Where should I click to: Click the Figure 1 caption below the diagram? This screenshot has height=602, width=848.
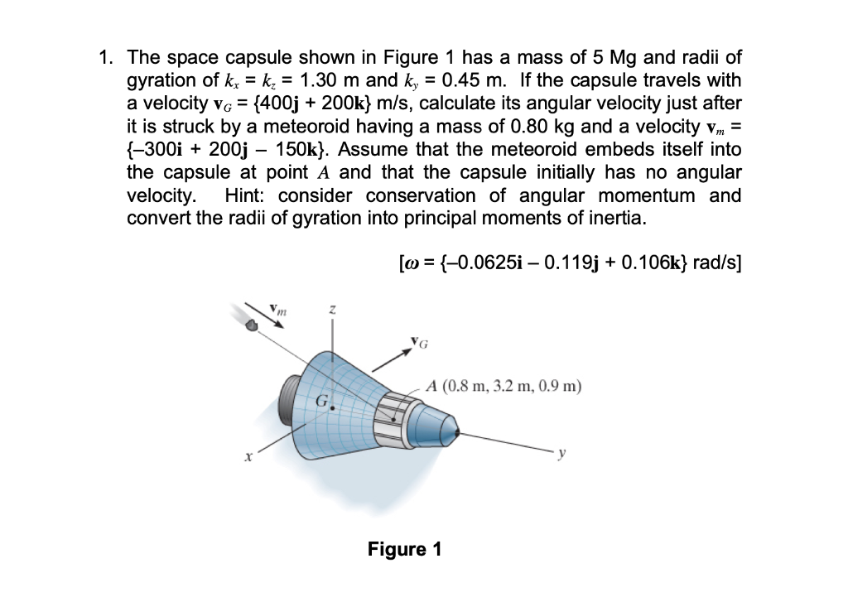pos(405,549)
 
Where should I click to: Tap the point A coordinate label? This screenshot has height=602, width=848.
pos(504,386)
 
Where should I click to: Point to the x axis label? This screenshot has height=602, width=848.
pos(246,456)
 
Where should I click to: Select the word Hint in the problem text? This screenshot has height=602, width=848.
pos(246,197)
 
